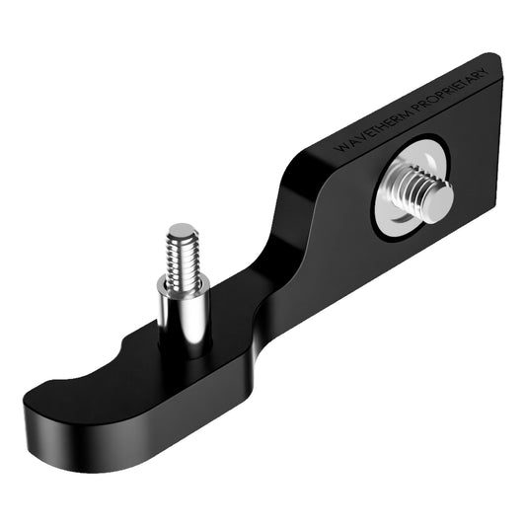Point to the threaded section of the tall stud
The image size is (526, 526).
coord(182,255)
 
